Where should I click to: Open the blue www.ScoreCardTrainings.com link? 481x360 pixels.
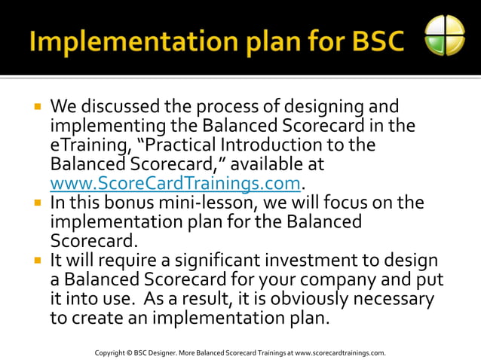pos(175,184)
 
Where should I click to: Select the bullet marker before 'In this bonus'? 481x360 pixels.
pos(36,203)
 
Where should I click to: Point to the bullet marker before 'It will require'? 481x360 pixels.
pos(36,261)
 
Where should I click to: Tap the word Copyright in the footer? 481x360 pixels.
pos(110,352)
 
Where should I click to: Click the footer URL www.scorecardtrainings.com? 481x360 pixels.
pos(340,352)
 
